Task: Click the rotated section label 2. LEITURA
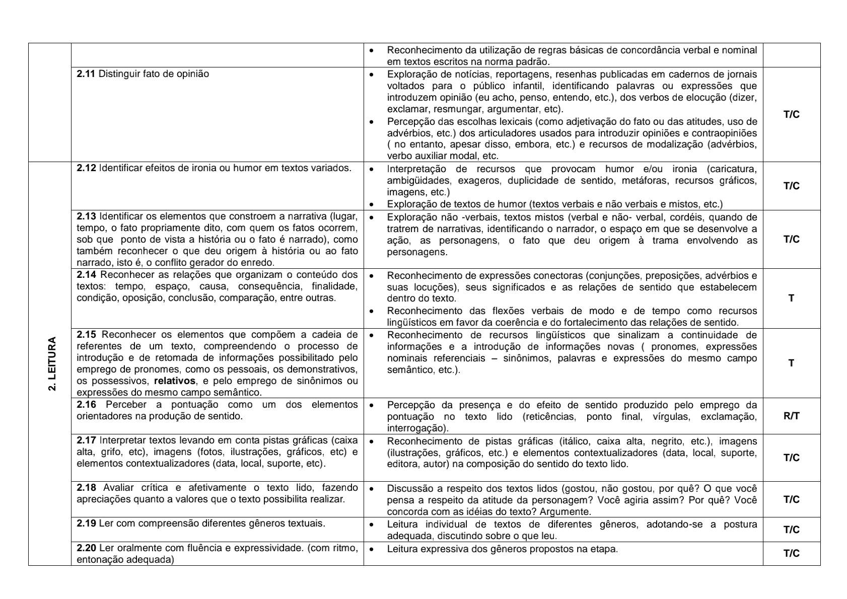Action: pyautogui.click(x=52, y=363)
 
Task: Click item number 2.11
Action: pyautogui.click(x=86, y=74)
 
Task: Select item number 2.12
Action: pyautogui.click(x=86, y=168)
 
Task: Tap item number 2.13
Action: pyautogui.click(x=86, y=216)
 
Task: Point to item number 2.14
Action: pyautogui.click(x=86, y=275)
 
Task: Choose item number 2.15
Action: pyautogui.click(x=86, y=335)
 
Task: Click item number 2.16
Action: pyautogui.click(x=86, y=405)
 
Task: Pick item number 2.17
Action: pyautogui.click(x=86, y=440)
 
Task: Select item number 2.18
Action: pyautogui.click(x=86, y=488)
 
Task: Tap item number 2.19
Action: pyautogui.click(x=86, y=523)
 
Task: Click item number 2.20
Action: pyautogui.click(x=86, y=548)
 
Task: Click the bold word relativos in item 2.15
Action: pyautogui.click(x=174, y=381)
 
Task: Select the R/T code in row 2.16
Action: pyautogui.click(x=791, y=416)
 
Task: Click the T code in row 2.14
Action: pyautogui.click(x=791, y=298)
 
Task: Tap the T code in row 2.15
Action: pyautogui.click(x=791, y=363)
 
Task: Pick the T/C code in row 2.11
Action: pyautogui.click(x=791, y=115)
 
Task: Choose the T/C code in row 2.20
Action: pyautogui.click(x=791, y=554)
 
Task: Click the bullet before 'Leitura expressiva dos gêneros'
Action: pyautogui.click(x=372, y=549)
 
